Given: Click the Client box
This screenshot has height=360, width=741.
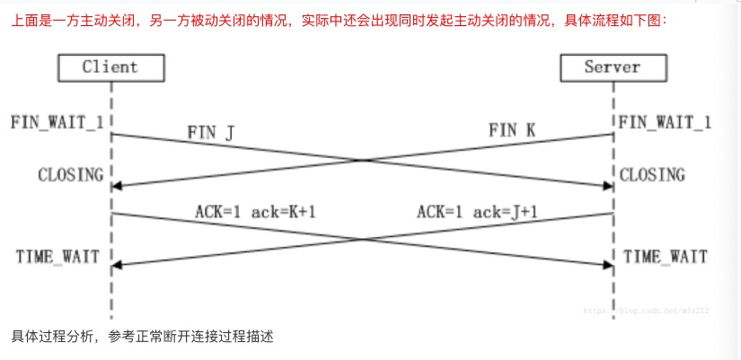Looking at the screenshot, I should click(110, 66).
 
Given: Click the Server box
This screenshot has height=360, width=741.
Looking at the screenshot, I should click(613, 66).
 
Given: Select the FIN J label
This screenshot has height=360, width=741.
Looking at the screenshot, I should click(211, 133).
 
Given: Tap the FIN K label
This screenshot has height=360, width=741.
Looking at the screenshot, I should click(513, 130).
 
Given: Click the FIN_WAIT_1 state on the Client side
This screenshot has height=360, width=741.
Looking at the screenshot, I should click(55, 121).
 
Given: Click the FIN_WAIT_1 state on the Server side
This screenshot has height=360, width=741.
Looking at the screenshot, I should click(665, 121).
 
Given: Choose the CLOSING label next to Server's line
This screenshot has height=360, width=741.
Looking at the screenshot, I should click(652, 174).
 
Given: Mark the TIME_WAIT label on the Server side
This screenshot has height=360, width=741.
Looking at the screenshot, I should click(664, 257).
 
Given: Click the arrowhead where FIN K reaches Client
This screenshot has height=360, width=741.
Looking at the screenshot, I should click(116, 186).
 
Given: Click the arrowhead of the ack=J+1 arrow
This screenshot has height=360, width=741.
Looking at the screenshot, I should click(116, 265).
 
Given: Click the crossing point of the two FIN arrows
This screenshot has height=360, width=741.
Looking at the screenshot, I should click(362, 161).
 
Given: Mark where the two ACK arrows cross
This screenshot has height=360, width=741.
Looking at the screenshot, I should click(362, 240).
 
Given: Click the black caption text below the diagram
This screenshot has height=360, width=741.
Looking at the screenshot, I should click(142, 338).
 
